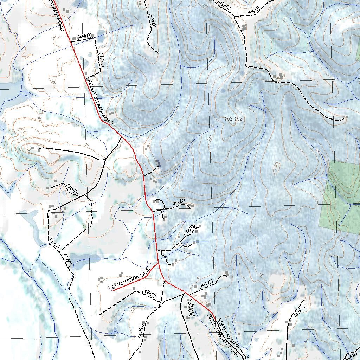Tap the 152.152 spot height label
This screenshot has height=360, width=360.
tap(233, 119)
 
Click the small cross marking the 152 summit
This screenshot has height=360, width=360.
tap(232, 121)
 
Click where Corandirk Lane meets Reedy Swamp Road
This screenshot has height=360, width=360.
tap(159, 263)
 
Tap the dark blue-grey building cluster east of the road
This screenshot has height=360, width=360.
tap(159, 163)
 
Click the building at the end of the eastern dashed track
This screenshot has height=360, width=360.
tap(347, 117)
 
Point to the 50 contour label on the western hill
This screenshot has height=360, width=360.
tap(28, 149)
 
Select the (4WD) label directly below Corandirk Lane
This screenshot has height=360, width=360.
tap(149, 293)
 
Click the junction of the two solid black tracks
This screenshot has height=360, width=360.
tap(105, 160)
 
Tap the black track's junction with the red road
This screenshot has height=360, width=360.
tap(121, 137)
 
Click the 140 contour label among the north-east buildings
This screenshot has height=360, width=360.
tap(279, 77)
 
